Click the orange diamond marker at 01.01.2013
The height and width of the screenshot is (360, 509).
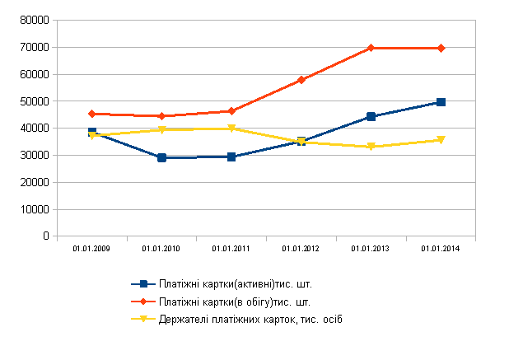coord(371,48)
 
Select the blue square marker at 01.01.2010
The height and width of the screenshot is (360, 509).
coord(161,157)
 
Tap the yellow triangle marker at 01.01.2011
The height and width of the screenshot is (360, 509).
coord(231,129)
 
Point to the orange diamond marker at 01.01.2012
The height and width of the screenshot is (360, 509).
coord(301,80)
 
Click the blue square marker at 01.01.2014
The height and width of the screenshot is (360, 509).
coord(441,102)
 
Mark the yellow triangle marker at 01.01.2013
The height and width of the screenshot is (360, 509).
coord(371,147)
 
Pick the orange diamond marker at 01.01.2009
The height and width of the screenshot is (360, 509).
coord(92,114)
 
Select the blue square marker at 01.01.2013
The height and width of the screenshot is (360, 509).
coord(371,117)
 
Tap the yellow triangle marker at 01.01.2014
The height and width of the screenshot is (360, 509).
coord(441,140)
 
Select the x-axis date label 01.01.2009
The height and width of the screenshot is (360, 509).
coord(91,248)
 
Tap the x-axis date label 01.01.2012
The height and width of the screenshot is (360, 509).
coord(301,248)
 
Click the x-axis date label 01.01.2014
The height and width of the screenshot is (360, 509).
coord(440,248)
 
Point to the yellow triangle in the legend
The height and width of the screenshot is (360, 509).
coord(142,320)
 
